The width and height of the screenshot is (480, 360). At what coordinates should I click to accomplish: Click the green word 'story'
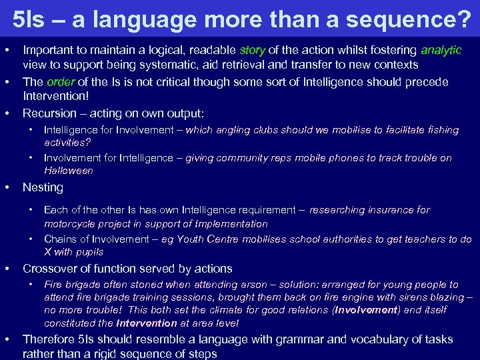[252, 50]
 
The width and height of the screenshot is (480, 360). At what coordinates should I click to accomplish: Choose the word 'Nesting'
[43, 187]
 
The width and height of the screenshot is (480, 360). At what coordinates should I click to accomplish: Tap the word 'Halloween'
[68, 171]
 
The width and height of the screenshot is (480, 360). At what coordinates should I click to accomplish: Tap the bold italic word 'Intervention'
[146, 323]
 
